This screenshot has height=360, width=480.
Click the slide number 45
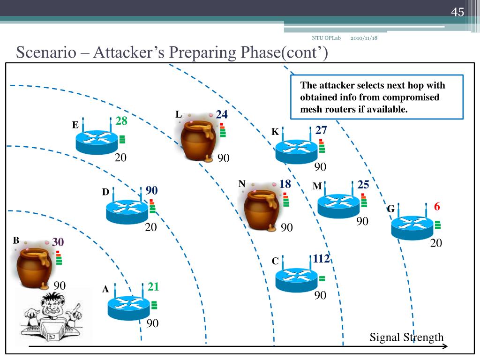pos(457,12)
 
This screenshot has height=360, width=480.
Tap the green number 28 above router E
pos(121,120)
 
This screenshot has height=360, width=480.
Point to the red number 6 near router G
pos(437,206)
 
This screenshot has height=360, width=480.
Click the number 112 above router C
pos(321,259)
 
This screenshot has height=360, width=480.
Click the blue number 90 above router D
pos(151,190)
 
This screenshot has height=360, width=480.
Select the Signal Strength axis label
pos(406,337)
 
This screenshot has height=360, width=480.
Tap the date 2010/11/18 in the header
pos(364,38)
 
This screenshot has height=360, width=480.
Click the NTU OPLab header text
pos(326,38)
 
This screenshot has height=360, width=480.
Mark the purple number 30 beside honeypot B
pos(58,242)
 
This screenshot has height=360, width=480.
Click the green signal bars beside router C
pos(322,278)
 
